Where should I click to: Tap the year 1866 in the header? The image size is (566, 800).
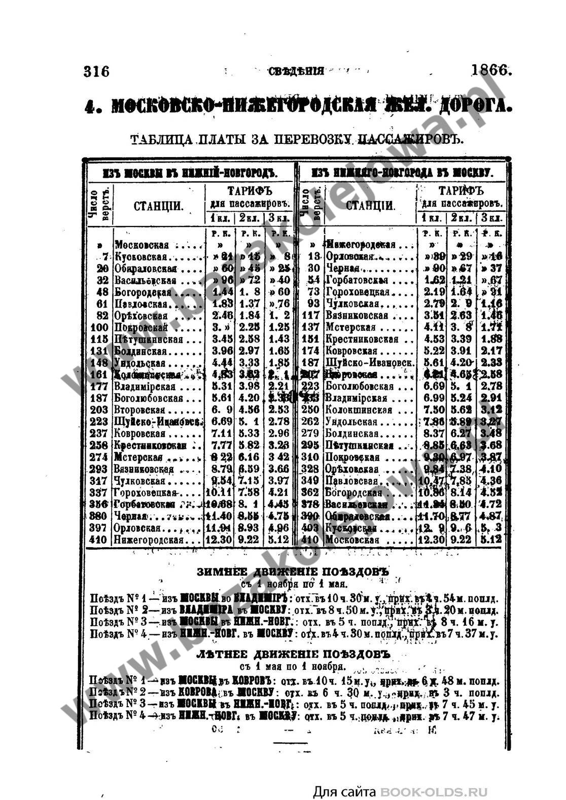[491, 70]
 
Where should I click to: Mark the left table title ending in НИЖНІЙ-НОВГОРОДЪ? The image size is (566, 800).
[190, 173]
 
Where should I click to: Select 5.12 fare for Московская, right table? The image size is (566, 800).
[490, 540]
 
